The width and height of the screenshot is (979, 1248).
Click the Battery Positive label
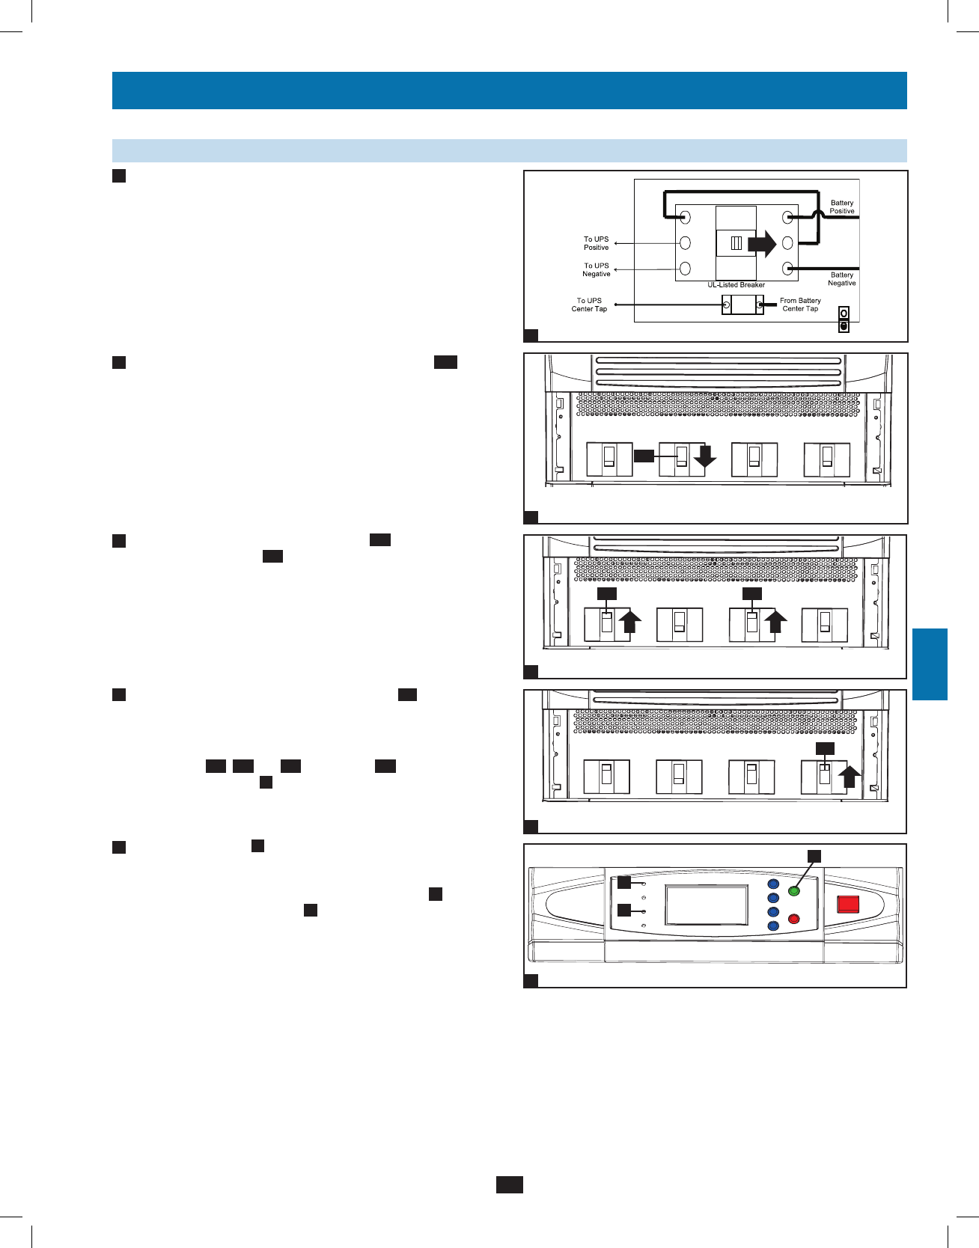coord(842,207)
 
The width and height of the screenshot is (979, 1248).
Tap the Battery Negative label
coord(842,279)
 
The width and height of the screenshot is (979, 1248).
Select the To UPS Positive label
coord(597,243)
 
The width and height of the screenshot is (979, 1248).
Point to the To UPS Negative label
coord(597,269)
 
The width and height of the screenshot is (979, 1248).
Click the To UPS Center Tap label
coord(589,305)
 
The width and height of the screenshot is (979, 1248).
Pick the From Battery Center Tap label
coord(800,305)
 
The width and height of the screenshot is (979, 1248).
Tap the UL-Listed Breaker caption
coord(736,285)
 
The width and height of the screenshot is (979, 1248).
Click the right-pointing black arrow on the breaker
coord(762,244)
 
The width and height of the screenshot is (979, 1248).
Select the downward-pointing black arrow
coord(705,457)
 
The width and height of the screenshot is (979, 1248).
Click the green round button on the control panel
coord(794,891)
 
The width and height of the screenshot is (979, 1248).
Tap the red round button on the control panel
coord(794,919)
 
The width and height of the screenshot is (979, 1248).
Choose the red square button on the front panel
coord(848,904)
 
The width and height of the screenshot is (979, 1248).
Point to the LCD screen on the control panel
coord(707,905)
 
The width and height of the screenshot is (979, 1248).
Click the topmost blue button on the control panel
coord(773,884)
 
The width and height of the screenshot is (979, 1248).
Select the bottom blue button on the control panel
coord(773,926)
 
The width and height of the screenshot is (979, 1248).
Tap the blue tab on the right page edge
coord(930,664)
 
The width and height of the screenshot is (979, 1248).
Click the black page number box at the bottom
coord(509,1184)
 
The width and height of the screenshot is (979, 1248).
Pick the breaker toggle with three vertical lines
coord(736,243)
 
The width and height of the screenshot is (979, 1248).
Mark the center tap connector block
coord(742,305)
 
